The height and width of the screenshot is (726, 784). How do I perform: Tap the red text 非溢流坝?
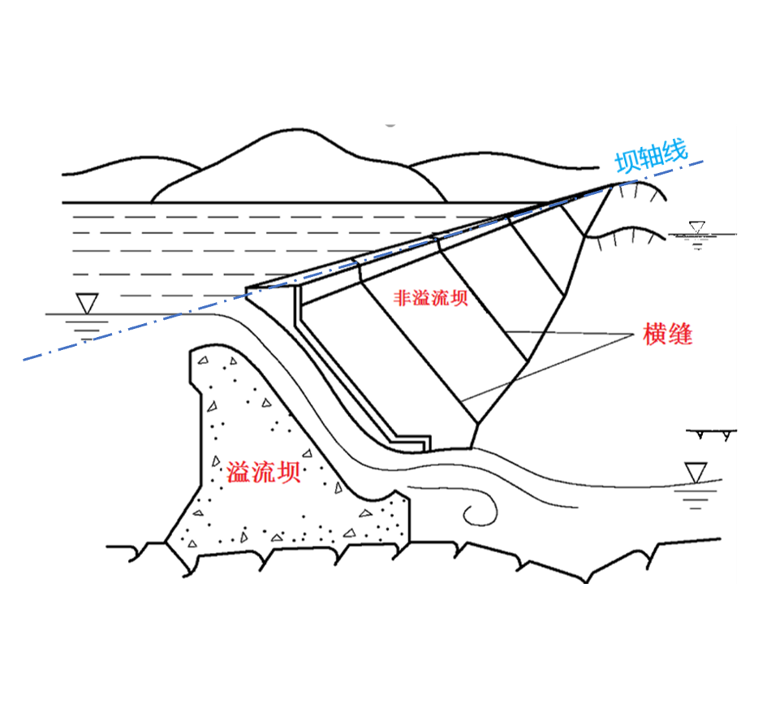[431, 298]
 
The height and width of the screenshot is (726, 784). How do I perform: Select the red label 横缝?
[668, 334]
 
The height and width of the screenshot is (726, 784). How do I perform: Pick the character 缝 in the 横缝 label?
[681, 334]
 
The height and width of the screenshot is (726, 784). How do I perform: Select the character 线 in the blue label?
[674, 150]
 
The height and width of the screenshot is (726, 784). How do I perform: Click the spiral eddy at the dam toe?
[479, 510]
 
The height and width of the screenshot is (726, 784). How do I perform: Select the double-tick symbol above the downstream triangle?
[712, 434]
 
